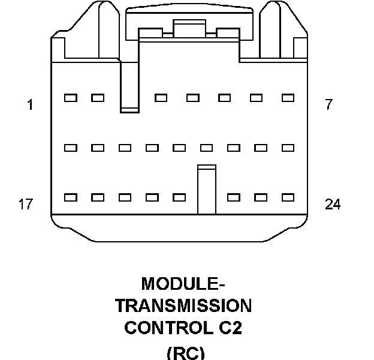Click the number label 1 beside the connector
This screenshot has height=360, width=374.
(x=30, y=105)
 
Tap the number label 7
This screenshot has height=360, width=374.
(x=328, y=105)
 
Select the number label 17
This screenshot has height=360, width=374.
(x=25, y=205)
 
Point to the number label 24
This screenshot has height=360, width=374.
(x=333, y=205)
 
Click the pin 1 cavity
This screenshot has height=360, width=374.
(x=70, y=97)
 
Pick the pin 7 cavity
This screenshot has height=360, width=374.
(x=288, y=97)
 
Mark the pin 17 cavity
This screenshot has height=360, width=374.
(x=70, y=197)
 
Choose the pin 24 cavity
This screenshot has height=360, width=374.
(x=288, y=197)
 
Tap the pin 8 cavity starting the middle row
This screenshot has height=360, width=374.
(x=70, y=148)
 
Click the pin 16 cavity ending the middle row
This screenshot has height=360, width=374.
(x=288, y=148)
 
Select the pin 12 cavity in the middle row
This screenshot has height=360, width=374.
(x=179, y=148)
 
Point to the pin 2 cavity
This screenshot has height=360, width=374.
(x=98, y=97)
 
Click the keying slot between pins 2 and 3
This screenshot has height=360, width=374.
(x=129, y=90)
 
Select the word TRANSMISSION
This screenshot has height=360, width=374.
(x=183, y=305)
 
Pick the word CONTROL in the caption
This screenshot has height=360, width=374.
(x=161, y=328)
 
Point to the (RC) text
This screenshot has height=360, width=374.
(x=185, y=353)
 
